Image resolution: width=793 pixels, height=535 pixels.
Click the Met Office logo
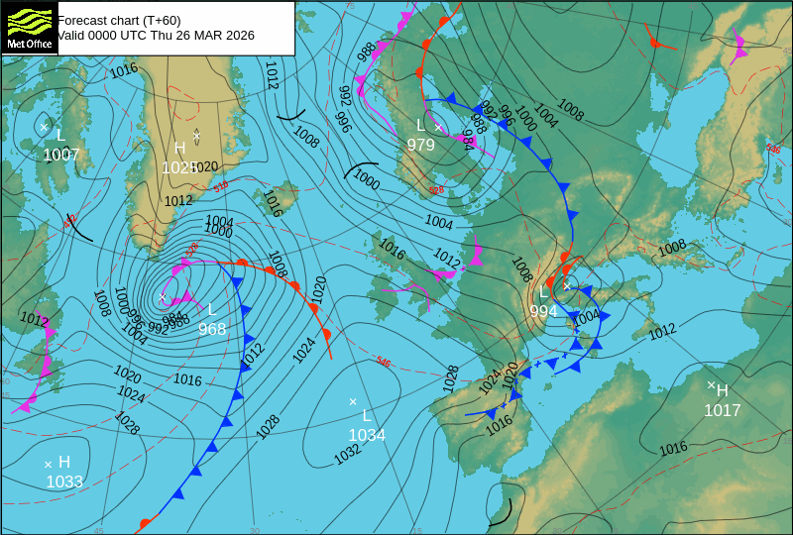[29, 28]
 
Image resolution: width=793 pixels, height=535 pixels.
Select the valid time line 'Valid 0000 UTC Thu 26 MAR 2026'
[156, 36]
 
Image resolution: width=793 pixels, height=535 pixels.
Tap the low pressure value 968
[212, 329]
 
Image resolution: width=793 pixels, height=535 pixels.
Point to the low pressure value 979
[420, 145]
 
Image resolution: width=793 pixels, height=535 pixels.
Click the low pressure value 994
[543, 311]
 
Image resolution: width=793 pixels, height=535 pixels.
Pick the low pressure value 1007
[60, 155]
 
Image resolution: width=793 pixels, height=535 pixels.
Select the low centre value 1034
[366, 435]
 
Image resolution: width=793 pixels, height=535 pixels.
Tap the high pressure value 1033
[64, 481]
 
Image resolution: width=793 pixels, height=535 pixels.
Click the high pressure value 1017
[722, 410]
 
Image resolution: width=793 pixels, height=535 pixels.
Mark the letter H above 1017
[722, 390]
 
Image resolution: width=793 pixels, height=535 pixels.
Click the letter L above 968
[211, 309]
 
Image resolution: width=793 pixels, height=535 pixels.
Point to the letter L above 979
[420, 125]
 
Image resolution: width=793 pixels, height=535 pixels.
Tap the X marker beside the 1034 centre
[353, 401]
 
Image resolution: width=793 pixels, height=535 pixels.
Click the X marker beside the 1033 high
[48, 463]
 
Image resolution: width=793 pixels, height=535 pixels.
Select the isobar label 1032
[347, 453]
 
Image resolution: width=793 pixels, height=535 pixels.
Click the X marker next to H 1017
[711, 384]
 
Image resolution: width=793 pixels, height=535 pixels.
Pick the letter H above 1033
[64, 462]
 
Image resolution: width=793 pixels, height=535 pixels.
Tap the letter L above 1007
[60, 135]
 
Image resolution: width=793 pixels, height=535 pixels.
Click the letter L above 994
[543, 293]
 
